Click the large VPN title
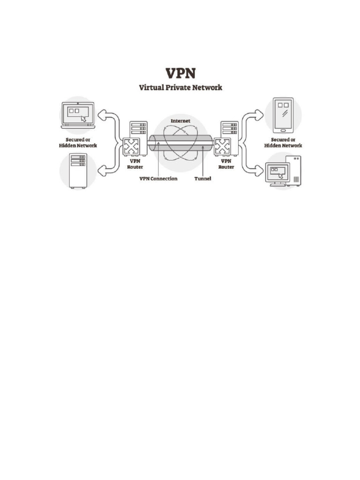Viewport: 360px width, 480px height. pos(180,74)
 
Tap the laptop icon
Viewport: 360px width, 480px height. pos(78,115)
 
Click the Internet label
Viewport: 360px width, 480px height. pos(180,120)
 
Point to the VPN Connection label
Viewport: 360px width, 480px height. pos(158,179)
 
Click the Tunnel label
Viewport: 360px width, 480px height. pos(202,179)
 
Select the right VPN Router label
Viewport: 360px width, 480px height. pos(226,164)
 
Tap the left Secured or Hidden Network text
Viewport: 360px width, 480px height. pos(78,142)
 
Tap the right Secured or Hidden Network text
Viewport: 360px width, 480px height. pos(283,142)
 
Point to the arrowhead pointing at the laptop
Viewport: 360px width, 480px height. pos(101,115)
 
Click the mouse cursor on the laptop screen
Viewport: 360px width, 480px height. pos(83,119)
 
